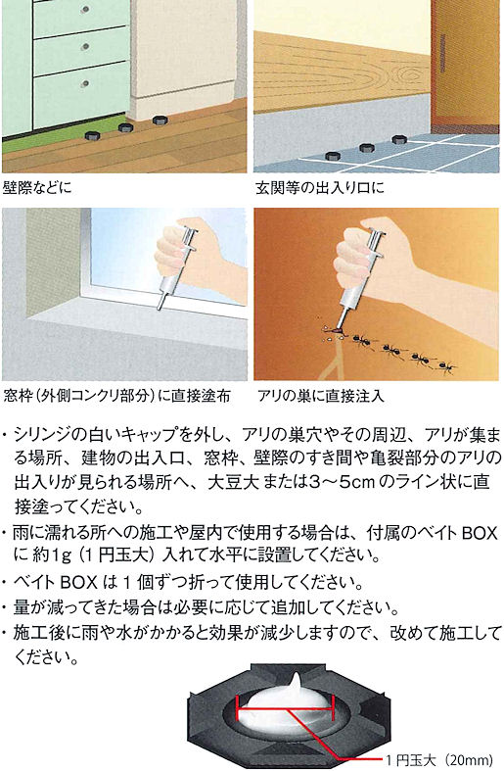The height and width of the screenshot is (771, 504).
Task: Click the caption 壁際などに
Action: [x=37, y=188]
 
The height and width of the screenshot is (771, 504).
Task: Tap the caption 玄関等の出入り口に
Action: [x=319, y=188]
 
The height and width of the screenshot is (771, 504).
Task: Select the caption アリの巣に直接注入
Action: [x=320, y=396]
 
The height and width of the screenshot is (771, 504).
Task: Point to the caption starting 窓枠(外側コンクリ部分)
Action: [x=116, y=396]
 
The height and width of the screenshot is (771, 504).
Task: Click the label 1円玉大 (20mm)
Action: [x=438, y=760]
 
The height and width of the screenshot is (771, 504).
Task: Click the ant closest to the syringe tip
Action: [x=362, y=339]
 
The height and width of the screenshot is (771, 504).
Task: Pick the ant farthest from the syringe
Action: [x=446, y=366]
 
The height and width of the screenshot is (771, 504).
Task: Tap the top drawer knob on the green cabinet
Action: [x=86, y=10]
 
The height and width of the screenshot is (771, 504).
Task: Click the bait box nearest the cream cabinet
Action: [x=159, y=120]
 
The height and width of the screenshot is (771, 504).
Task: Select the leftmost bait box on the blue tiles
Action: [x=333, y=157]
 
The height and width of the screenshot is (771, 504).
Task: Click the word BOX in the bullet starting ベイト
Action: [x=78, y=583]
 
